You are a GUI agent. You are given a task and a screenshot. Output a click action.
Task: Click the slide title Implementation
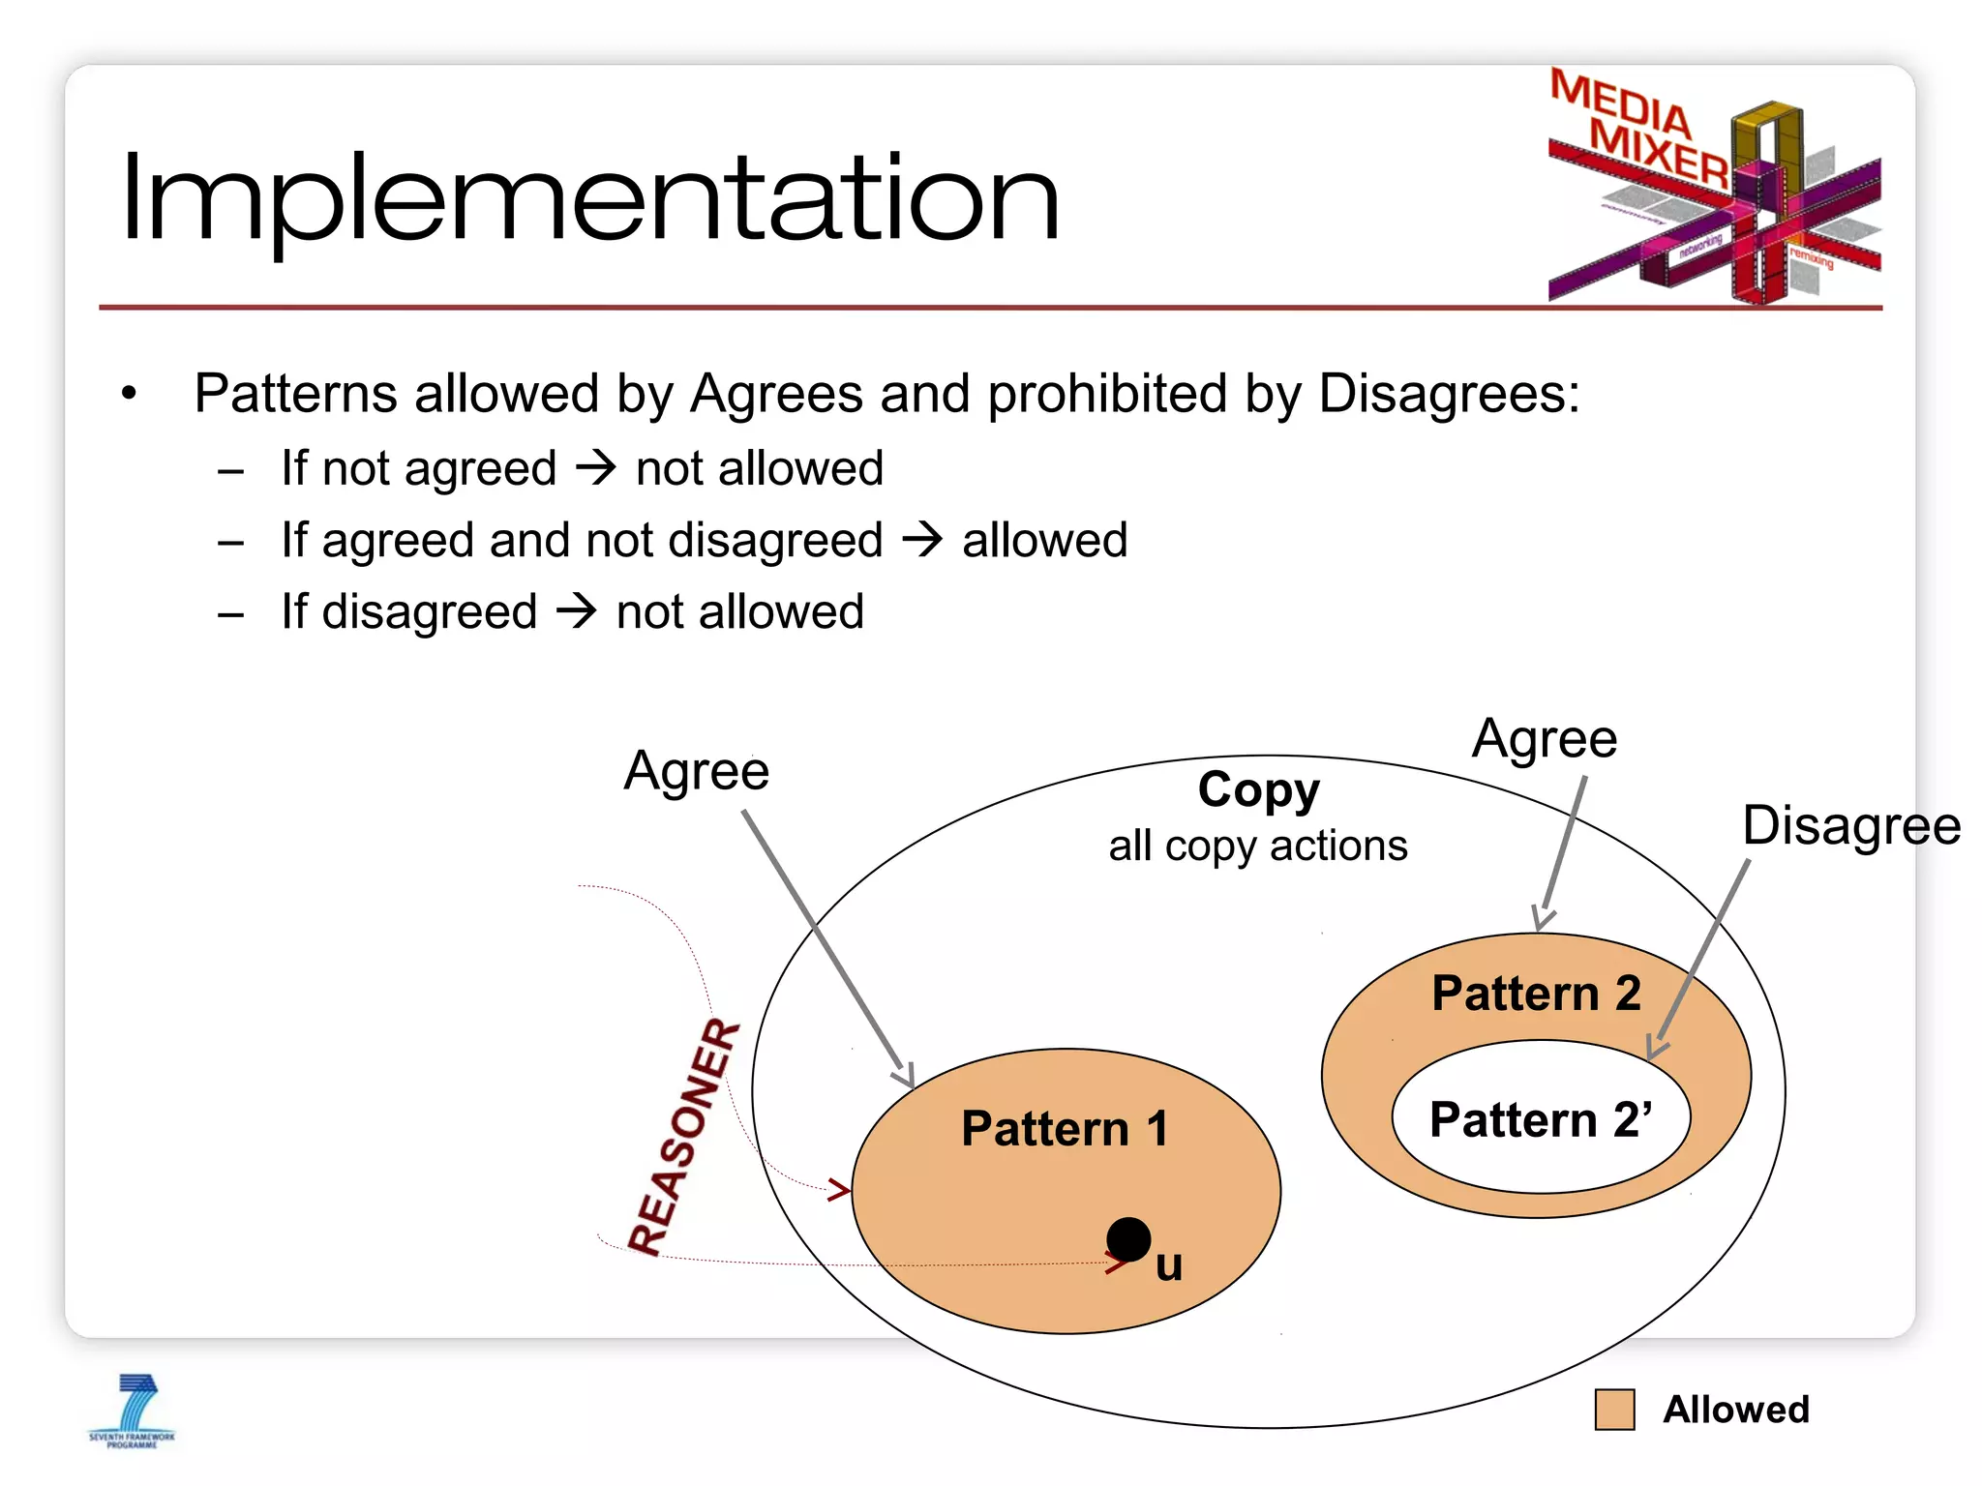click(x=590, y=198)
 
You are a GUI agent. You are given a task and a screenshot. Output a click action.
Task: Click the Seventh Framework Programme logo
click(x=133, y=1411)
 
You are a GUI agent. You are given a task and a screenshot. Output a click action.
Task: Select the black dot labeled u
click(x=1127, y=1239)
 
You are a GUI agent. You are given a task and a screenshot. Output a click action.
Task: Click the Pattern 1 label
click(x=1065, y=1129)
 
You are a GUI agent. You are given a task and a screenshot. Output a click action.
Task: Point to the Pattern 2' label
click(x=1541, y=1119)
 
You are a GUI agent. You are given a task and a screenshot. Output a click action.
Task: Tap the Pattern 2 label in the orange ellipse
click(x=1536, y=994)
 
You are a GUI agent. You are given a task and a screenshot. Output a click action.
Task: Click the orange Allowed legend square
click(x=1614, y=1410)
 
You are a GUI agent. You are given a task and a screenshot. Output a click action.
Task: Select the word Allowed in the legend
click(x=1735, y=1410)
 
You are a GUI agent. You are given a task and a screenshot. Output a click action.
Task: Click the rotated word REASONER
click(x=683, y=1137)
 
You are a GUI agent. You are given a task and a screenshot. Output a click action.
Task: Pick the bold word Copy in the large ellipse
click(x=1258, y=789)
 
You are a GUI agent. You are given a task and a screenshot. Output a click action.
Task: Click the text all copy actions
click(x=1258, y=846)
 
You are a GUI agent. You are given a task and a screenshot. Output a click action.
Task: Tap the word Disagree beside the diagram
click(x=1850, y=826)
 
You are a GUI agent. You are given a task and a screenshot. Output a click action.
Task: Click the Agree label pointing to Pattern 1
click(x=696, y=771)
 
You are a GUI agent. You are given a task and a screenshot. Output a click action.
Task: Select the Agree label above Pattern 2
click(x=1545, y=739)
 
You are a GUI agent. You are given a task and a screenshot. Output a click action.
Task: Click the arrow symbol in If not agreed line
click(x=596, y=468)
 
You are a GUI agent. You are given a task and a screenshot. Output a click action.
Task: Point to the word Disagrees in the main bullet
click(x=1448, y=394)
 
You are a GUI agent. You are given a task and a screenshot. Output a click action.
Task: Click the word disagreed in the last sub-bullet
click(x=429, y=612)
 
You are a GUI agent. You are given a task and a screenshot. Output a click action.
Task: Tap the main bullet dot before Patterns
click(x=130, y=394)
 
